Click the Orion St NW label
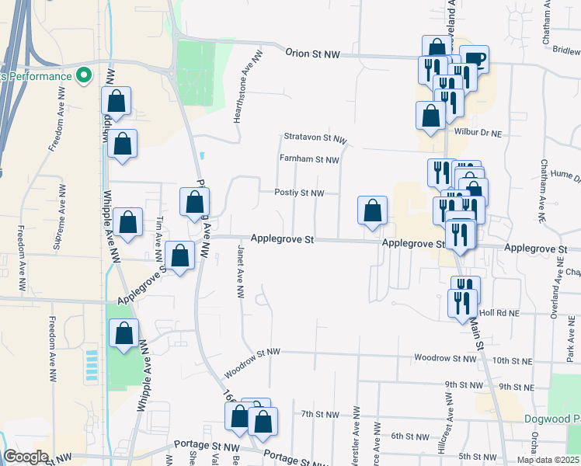coord(313,54)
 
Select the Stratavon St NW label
coord(315,137)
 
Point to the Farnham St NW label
coord(310,160)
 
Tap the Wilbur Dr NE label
coord(478,133)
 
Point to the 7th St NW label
coord(320,414)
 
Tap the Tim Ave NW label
coord(159,232)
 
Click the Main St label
coord(476,333)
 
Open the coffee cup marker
coord(474,59)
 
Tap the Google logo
coord(26,457)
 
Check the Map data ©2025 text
coord(547,460)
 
